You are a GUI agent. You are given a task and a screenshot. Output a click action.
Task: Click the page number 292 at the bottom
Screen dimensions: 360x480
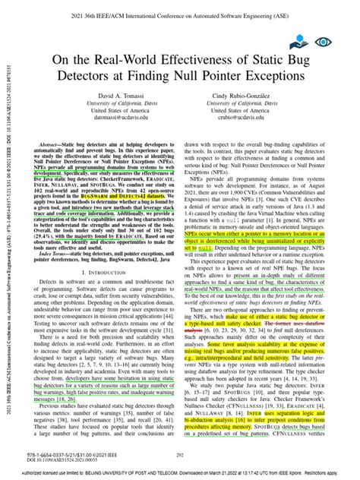click(181, 455)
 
